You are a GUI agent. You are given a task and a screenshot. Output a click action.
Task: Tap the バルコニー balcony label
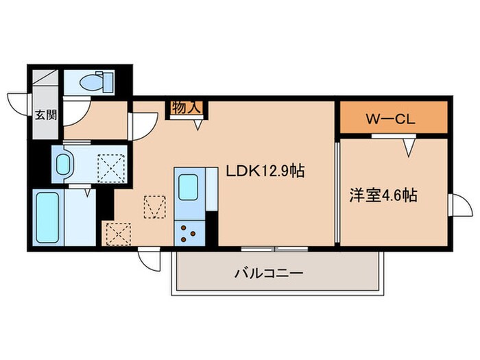click(x=269, y=273)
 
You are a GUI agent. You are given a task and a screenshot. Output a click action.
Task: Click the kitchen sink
click(x=188, y=186)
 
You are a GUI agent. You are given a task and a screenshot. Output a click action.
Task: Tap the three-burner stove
click(x=188, y=233)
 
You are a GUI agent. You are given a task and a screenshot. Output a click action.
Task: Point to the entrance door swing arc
click(x=17, y=101)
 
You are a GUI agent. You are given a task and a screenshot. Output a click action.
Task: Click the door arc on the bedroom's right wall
click(x=455, y=204)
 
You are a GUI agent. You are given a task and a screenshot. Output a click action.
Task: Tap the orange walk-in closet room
click(x=394, y=118)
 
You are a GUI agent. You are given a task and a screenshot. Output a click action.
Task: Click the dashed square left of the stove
click(x=118, y=233)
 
